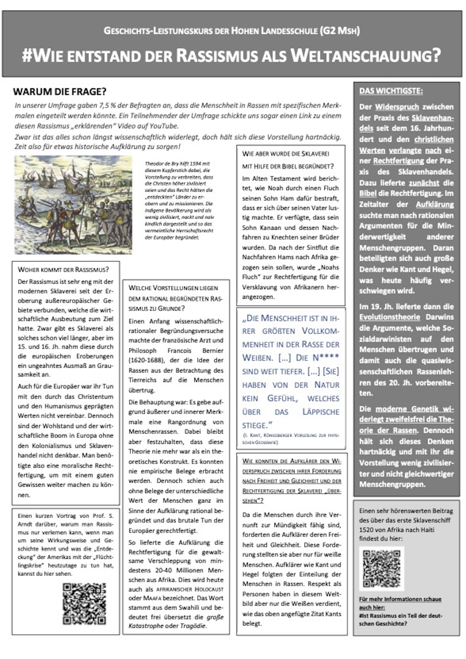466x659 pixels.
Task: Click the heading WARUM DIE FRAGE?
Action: tap(60, 92)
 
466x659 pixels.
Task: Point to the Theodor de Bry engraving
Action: tap(74, 205)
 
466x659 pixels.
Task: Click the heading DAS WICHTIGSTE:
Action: tap(391, 91)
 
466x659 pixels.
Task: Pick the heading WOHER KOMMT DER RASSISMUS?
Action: tap(63, 270)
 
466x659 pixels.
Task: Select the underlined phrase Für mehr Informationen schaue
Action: tap(400, 599)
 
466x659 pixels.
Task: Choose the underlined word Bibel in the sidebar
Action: tap(368, 193)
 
